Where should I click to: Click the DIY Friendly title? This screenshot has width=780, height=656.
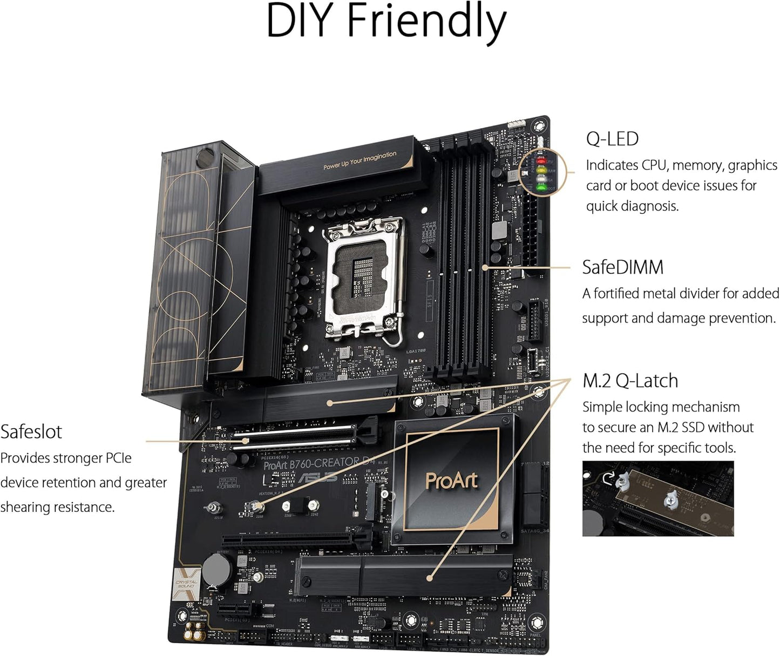[x=386, y=22]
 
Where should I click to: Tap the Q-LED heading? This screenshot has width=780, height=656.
[x=612, y=139]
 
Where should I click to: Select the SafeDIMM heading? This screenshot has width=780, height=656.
[x=622, y=268]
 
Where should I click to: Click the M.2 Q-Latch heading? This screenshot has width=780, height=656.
[x=630, y=381]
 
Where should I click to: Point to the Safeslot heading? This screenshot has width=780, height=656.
[x=31, y=432]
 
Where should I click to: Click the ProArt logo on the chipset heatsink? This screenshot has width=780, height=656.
[x=451, y=481]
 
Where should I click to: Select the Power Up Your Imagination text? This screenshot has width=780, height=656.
[x=360, y=160]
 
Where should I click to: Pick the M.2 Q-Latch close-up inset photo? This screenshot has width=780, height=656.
[x=657, y=498]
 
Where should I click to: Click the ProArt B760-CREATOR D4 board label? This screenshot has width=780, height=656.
[x=318, y=463]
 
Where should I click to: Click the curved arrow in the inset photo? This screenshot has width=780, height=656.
[x=608, y=477]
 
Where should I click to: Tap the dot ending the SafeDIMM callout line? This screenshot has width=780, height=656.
[x=485, y=267]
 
